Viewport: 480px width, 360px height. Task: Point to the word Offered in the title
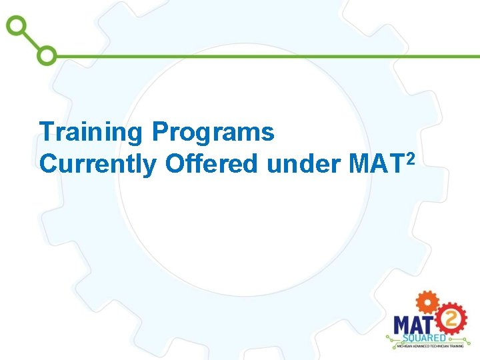211,163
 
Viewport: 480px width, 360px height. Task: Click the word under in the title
304,163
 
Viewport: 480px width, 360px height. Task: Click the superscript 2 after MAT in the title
411,156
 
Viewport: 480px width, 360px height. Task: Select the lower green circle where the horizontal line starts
47,55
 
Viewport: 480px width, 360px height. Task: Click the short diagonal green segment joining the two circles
31,41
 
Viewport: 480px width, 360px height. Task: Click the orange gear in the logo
426,301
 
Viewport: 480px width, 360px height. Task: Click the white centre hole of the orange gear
426,301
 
